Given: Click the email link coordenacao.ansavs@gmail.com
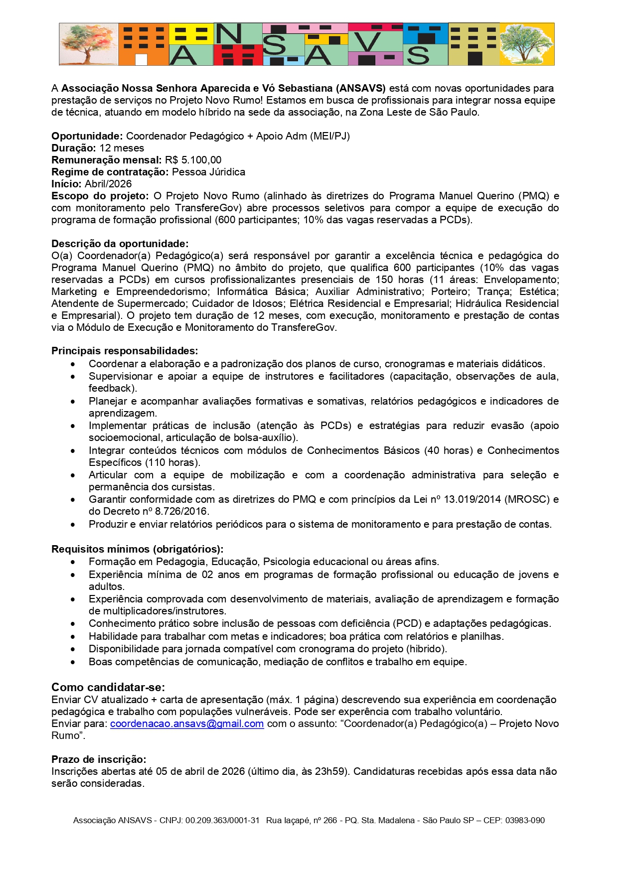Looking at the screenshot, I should coord(187,724).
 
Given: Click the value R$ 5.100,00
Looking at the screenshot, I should coord(193,160).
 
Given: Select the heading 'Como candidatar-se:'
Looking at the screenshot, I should coord(108,687).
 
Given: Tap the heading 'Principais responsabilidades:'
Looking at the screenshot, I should coord(125,351).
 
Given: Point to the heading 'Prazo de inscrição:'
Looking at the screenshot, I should coord(99,759).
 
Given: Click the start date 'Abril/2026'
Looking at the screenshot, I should coord(108,184).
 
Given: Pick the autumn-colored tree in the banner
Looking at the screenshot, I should coord(89,44).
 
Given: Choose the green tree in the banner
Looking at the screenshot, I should coord(527,44).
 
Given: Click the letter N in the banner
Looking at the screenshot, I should coord(228,34).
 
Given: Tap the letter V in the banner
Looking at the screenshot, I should coord(369,42).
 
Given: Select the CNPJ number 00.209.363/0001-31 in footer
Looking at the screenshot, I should coord(222,820).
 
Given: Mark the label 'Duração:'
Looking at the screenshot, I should coord(74,148).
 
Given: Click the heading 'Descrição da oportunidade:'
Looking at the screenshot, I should coord(120,244).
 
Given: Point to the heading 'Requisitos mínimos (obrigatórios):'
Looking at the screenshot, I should coord(137,549).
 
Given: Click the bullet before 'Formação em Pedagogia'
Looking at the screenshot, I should coord(73,562).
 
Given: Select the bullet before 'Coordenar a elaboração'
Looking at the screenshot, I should coord(73,364).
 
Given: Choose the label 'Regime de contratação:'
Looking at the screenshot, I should coord(110,172).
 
